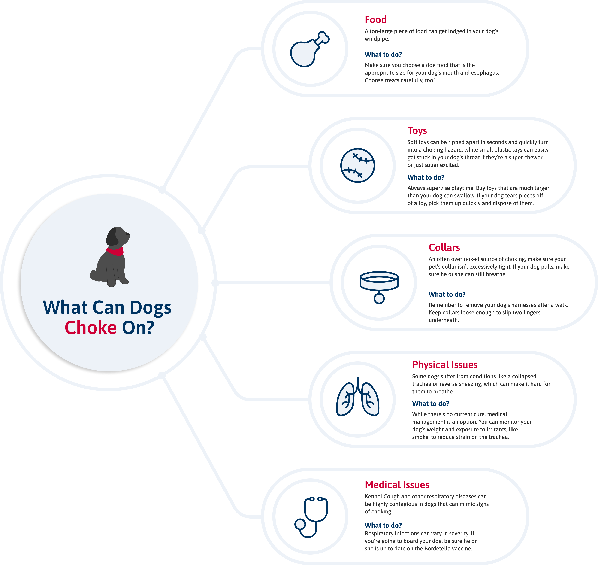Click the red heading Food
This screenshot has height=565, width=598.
tap(375, 20)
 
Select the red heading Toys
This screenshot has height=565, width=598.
tap(417, 131)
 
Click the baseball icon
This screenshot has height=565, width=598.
tap(358, 165)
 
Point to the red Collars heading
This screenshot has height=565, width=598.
tap(444, 248)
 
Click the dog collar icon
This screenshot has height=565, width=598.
tap(379, 287)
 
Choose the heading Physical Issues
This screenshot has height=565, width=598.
tap(445, 365)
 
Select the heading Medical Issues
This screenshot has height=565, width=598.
tap(397, 485)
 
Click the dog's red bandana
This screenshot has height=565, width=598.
tap(115, 251)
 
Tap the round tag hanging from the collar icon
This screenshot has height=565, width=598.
tap(379, 298)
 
